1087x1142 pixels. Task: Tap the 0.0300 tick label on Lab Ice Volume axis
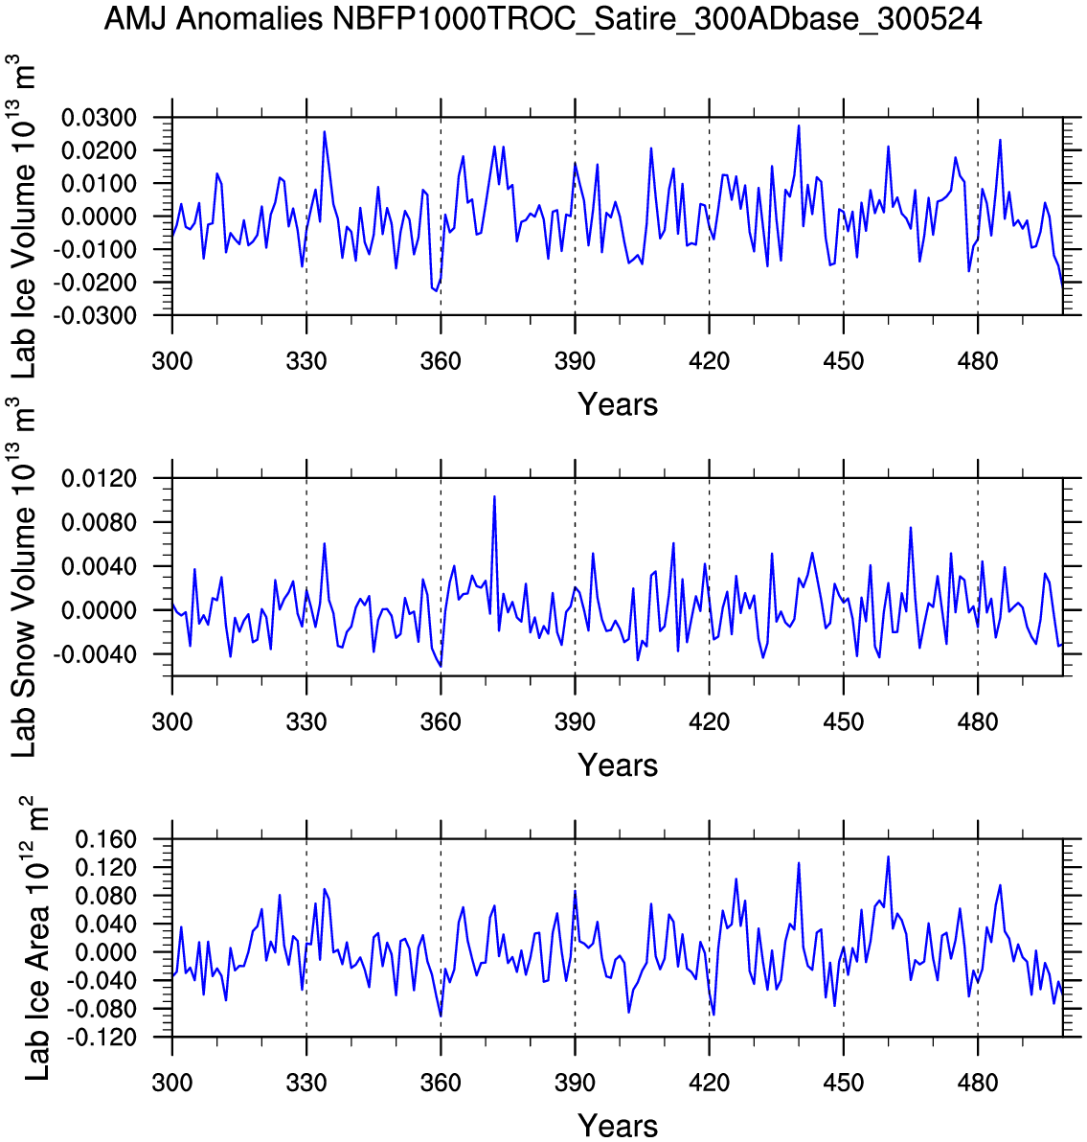coord(100,118)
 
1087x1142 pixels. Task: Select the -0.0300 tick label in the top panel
coord(97,315)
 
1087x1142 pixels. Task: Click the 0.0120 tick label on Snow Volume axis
coord(100,478)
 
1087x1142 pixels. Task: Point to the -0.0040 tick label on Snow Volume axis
coord(97,654)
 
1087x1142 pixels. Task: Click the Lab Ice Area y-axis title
coord(36,939)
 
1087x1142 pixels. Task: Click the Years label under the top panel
coord(618,404)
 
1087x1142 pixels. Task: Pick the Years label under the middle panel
coord(618,765)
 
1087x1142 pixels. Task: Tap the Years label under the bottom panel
coord(618,1126)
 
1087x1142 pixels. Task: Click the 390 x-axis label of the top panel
coord(575,361)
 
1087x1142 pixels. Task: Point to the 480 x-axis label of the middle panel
coord(977,721)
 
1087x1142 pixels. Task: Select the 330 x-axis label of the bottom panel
coord(306,1083)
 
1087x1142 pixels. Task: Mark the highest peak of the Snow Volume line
coord(494,496)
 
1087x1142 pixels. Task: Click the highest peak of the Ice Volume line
coord(799,126)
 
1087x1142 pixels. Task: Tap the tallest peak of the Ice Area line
coord(888,856)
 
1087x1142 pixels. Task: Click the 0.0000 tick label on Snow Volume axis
coord(100,610)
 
